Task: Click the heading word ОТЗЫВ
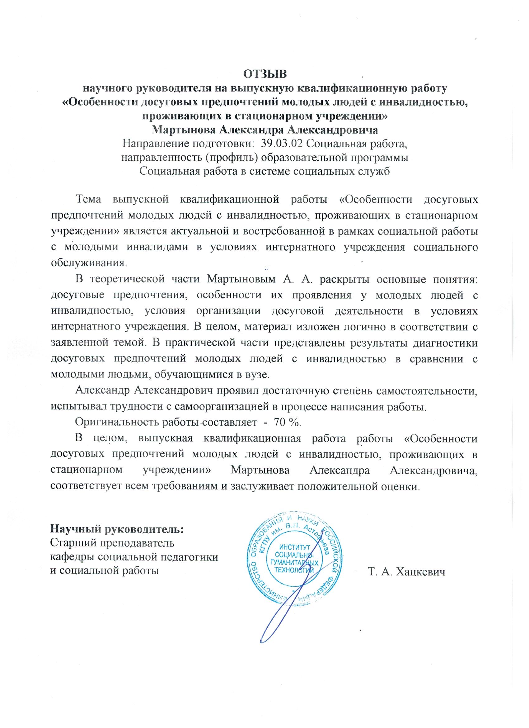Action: [265, 74]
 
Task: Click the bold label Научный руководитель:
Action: [117, 529]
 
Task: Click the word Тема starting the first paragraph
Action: [88, 200]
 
